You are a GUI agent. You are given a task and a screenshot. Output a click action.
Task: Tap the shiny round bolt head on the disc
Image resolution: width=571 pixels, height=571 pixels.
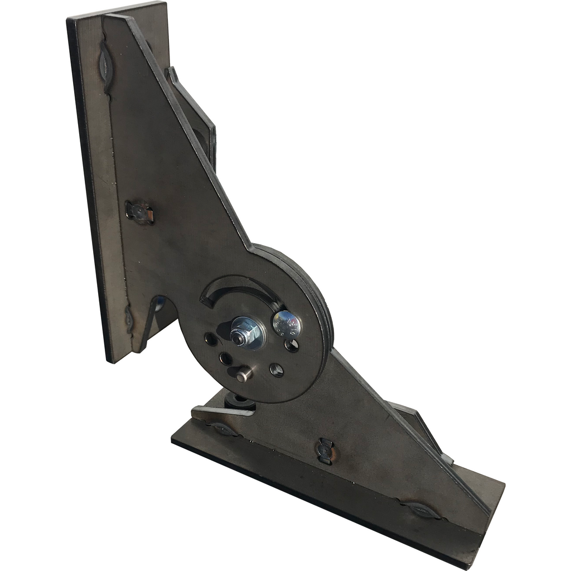point(287,324)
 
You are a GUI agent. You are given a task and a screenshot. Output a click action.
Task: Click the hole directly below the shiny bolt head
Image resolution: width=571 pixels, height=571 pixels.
point(291,346)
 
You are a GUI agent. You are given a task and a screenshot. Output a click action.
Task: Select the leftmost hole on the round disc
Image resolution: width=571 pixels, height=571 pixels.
point(211,338)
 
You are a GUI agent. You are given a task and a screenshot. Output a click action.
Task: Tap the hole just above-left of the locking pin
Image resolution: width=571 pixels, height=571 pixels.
point(225,358)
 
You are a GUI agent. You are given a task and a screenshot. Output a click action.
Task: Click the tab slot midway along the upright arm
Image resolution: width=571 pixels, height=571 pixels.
point(139,212)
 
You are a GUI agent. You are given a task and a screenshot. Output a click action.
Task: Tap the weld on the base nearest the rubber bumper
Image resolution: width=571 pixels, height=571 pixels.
point(223,429)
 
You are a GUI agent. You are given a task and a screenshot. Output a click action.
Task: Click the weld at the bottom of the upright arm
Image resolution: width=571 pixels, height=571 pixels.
point(129,319)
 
